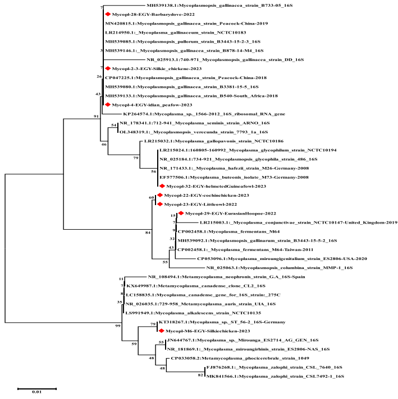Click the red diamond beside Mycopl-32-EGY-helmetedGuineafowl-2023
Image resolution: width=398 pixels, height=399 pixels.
[x=162, y=185]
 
